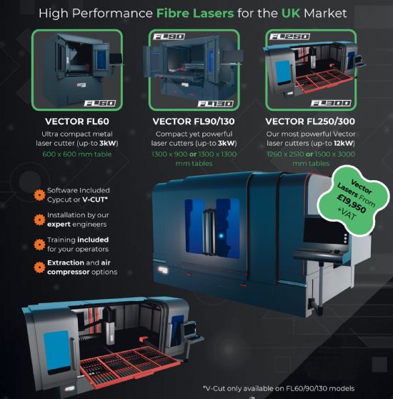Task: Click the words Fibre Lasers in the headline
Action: click(x=195, y=14)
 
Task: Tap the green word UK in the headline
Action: click(x=291, y=14)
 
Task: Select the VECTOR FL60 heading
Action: click(x=77, y=122)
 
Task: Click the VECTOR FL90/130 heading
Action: click(x=194, y=122)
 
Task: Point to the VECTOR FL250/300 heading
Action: click(x=310, y=122)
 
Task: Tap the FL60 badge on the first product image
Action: click(x=99, y=103)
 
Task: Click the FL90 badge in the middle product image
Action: click(x=169, y=36)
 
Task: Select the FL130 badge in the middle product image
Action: click(x=216, y=104)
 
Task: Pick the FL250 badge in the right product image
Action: click(x=289, y=36)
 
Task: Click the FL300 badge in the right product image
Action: click(x=331, y=103)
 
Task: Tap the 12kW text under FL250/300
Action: click(x=344, y=143)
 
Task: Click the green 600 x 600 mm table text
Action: click(x=77, y=154)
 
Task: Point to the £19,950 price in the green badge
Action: click(x=352, y=204)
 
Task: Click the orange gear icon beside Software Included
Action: click(x=39, y=195)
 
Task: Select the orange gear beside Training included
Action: click(x=39, y=245)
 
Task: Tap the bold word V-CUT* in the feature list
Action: click(x=95, y=199)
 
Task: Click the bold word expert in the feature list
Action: click(x=59, y=225)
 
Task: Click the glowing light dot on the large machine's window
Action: click(x=221, y=236)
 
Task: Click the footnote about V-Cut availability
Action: click(x=279, y=388)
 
